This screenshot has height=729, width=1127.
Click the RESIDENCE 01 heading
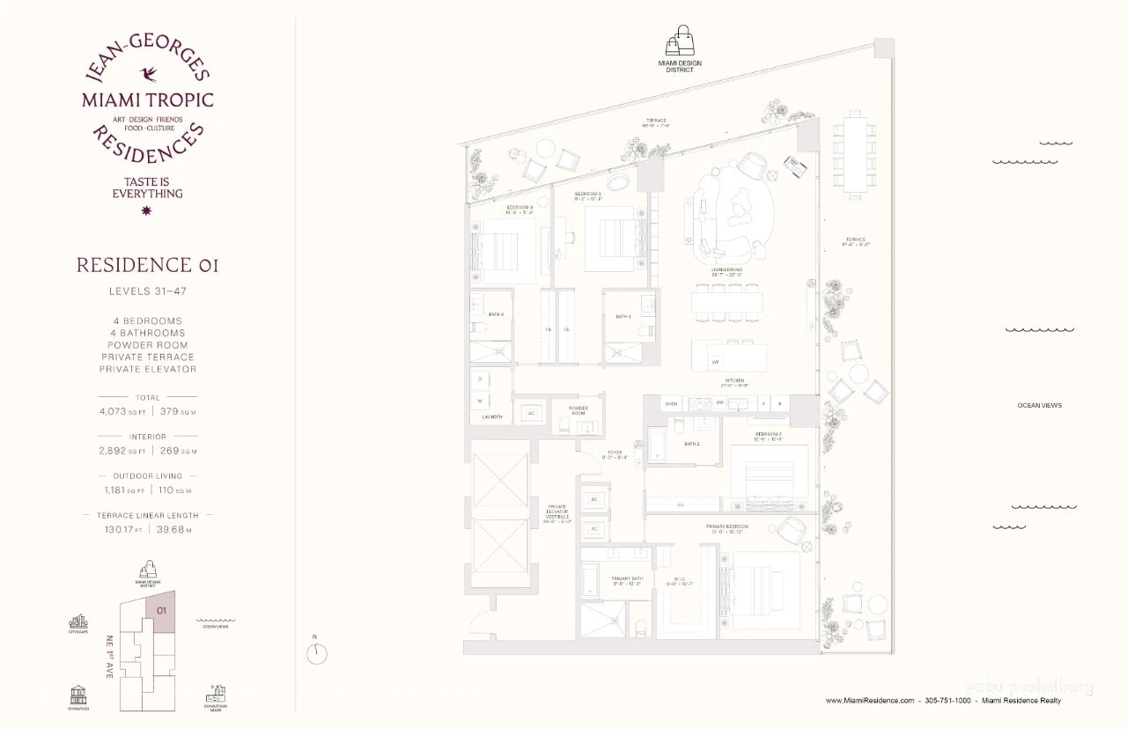point(147,265)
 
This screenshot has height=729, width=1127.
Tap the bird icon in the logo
point(147,74)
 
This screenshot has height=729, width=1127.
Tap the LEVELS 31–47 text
point(147,291)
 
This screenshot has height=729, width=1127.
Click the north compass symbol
point(317,653)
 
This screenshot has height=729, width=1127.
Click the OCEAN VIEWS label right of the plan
point(1039,406)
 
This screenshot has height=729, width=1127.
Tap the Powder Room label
point(578,410)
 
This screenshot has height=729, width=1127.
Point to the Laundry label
point(492,417)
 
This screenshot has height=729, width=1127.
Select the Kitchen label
point(733,381)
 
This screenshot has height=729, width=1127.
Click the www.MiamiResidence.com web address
point(871,701)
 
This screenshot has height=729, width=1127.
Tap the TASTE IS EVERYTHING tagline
point(147,188)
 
